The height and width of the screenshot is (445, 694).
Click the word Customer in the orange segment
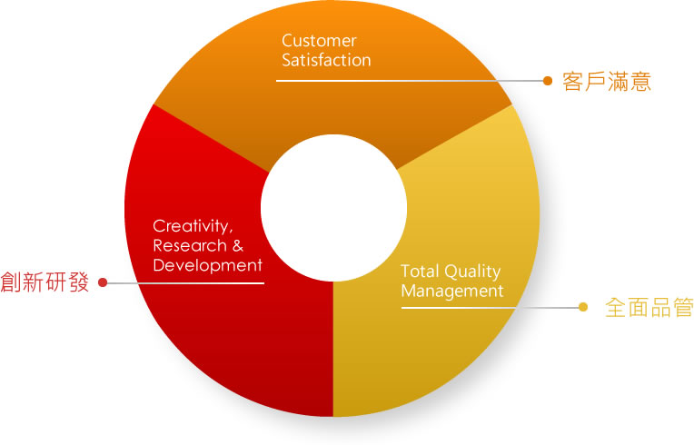[x=319, y=41]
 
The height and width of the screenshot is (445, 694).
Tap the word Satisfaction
[x=327, y=60]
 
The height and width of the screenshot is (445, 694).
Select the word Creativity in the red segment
[x=191, y=226]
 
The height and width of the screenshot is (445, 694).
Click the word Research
[x=190, y=245]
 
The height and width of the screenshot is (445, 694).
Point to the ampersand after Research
[x=238, y=245]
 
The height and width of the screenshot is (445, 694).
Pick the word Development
[x=208, y=265]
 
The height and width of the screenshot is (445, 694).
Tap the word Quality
[x=471, y=272]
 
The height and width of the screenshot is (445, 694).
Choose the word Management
[x=452, y=292]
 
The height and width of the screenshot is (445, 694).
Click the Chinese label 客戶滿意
[x=607, y=82]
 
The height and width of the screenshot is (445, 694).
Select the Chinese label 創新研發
[x=45, y=282]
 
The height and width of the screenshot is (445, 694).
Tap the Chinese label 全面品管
[x=649, y=307]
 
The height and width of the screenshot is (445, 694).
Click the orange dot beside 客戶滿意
[x=548, y=81]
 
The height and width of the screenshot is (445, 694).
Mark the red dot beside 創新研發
[x=103, y=282]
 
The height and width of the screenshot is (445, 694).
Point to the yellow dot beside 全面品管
[x=583, y=307]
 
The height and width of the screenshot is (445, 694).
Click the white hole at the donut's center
[x=333, y=208]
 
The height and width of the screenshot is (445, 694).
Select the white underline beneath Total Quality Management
[x=459, y=308]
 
